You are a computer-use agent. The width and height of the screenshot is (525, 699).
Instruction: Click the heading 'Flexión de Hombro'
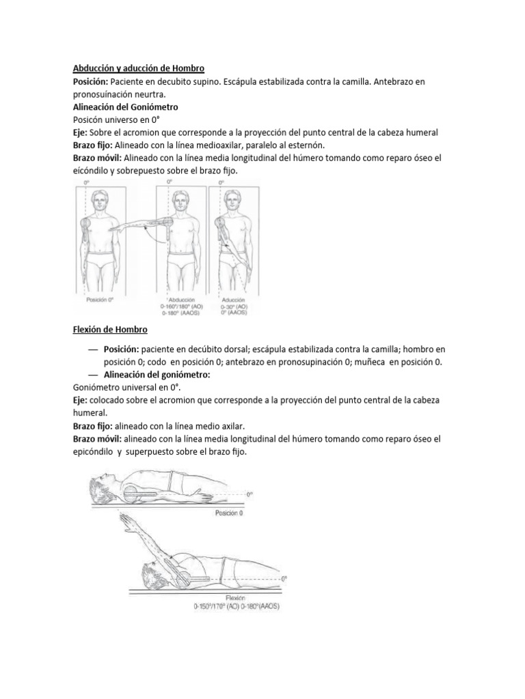[x=109, y=330]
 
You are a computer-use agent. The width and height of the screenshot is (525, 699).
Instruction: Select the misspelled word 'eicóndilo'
[x=94, y=171]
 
